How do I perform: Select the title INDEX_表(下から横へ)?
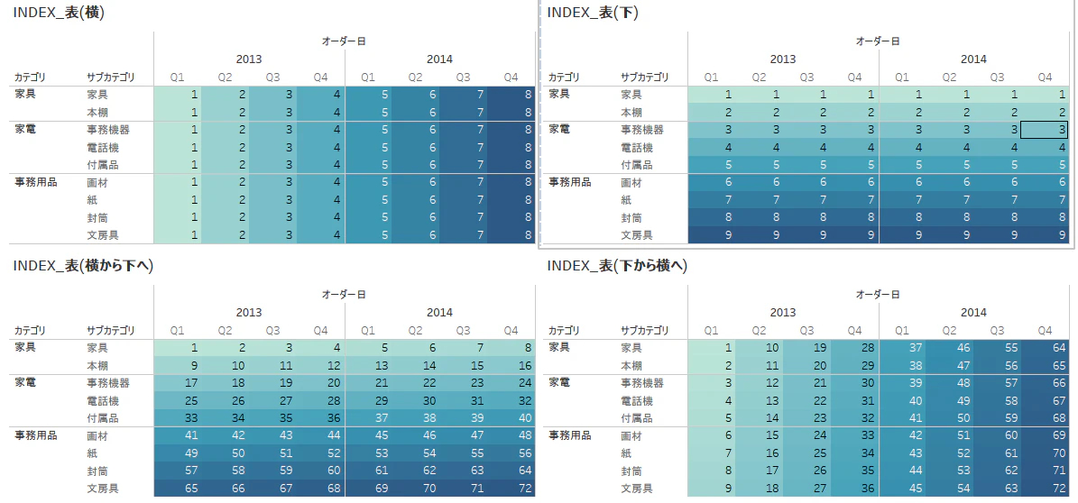(617, 265)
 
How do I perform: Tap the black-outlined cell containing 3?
(1046, 130)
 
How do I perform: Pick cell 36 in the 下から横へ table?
(856, 489)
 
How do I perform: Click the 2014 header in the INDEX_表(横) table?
(439, 59)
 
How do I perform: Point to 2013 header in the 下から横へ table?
(783, 312)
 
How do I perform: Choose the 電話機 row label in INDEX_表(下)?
(637, 147)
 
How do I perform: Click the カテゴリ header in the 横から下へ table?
(30, 330)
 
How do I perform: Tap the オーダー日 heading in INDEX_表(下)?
(878, 41)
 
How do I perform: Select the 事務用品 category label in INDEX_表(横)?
(36, 182)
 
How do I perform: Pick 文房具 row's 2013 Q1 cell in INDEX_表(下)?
(712, 235)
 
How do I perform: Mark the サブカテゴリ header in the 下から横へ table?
(645, 330)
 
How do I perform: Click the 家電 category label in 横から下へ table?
(25, 382)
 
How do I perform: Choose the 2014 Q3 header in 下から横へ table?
(997, 330)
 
